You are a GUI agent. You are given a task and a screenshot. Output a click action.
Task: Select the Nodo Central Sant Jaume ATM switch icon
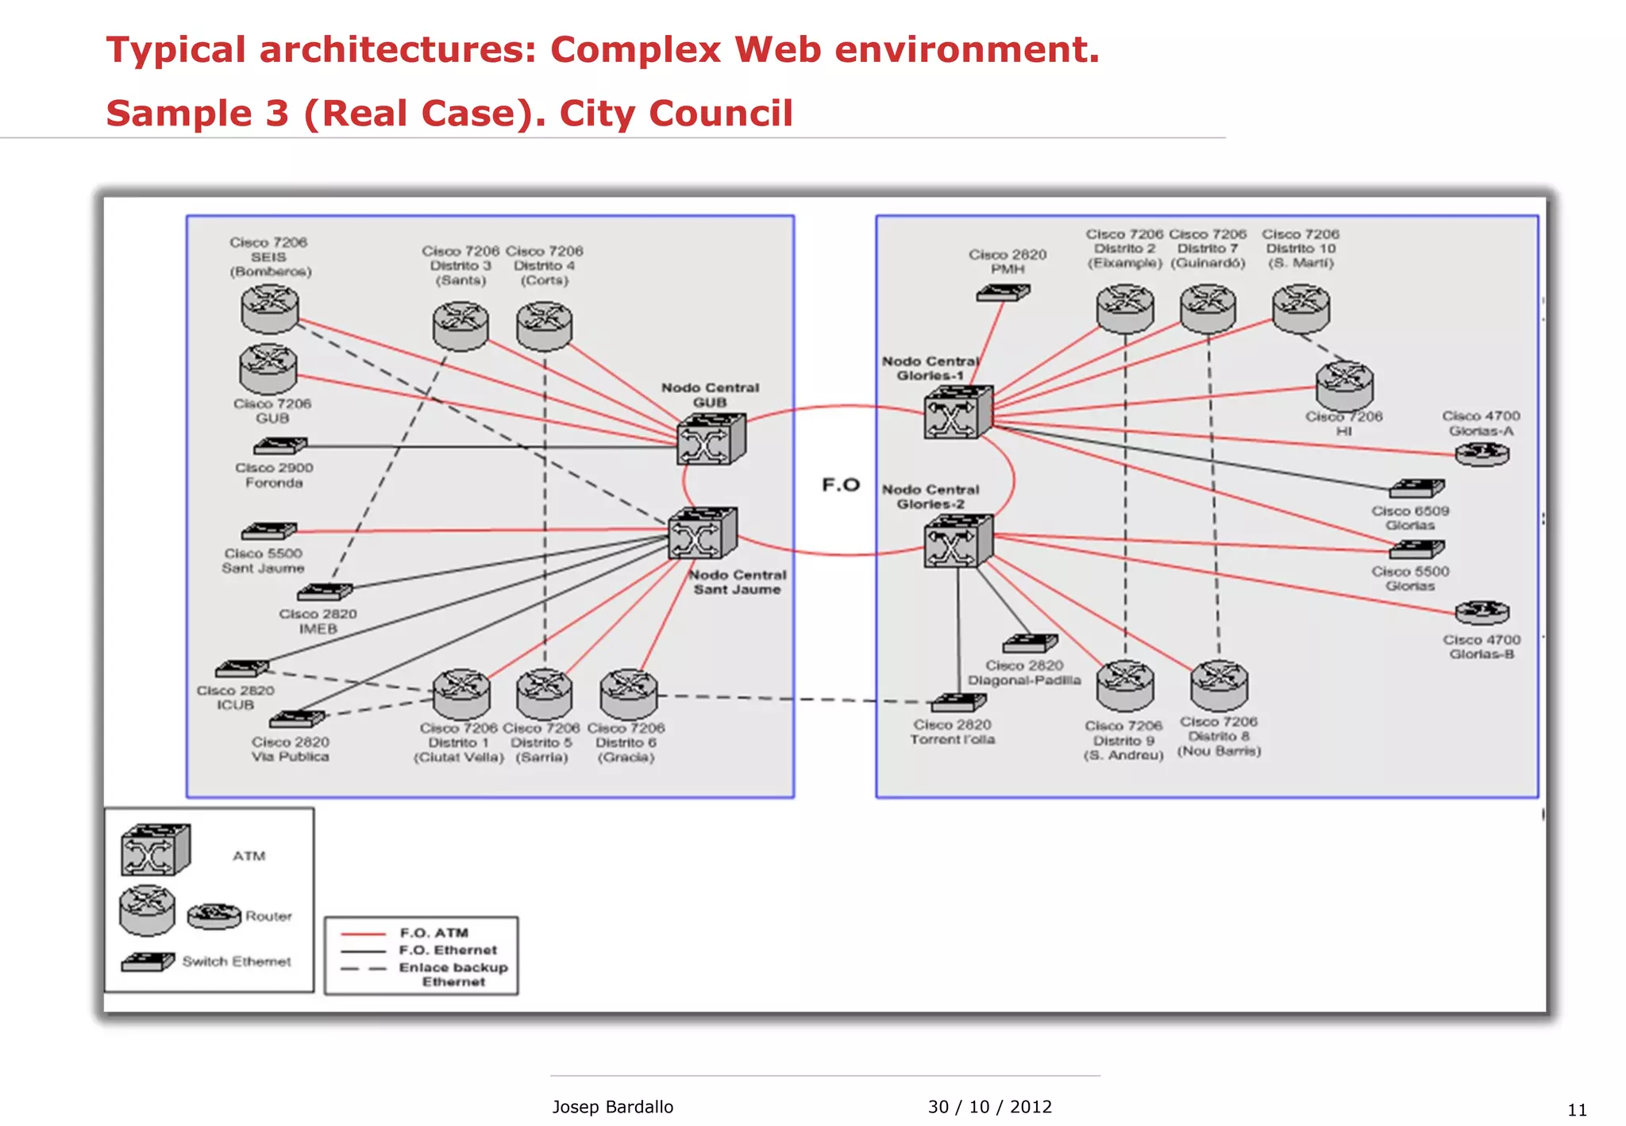pyautogui.click(x=702, y=534)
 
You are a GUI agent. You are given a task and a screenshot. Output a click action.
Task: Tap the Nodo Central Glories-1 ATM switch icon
pyautogui.click(x=957, y=412)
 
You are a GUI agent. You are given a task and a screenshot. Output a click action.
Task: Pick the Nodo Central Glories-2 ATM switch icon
pyautogui.click(x=957, y=541)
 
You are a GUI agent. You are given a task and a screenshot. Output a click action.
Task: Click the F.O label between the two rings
pyautogui.click(x=841, y=484)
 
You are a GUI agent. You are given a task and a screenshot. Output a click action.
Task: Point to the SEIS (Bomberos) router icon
pyautogui.click(x=270, y=309)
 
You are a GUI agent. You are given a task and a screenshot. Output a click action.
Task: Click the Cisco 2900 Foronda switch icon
pyautogui.click(x=280, y=446)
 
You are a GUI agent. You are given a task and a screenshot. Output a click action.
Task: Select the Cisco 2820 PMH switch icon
pyautogui.click(x=1003, y=293)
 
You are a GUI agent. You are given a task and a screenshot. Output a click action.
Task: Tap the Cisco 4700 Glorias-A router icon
pyautogui.click(x=1482, y=454)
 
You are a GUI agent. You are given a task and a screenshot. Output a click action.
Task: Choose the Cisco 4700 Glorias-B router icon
pyautogui.click(x=1482, y=612)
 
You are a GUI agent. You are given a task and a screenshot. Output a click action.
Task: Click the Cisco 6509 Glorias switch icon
pyautogui.click(x=1416, y=488)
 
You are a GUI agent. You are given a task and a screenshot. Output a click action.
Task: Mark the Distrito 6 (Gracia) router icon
pyautogui.click(x=628, y=693)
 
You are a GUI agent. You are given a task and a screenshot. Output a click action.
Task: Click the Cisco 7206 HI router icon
pyautogui.click(x=1344, y=385)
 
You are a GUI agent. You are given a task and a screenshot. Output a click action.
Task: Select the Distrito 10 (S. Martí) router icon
pyautogui.click(x=1300, y=309)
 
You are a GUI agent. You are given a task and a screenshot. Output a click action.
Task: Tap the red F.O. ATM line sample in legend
pyautogui.click(x=363, y=933)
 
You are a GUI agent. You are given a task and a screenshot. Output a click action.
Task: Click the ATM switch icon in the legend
pyautogui.click(x=155, y=850)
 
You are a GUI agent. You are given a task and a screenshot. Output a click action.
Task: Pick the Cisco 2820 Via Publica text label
pyautogui.click(x=290, y=749)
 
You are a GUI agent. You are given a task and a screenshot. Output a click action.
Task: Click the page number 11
pyautogui.click(x=1577, y=1110)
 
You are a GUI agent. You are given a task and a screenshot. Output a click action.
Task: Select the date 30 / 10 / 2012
pyautogui.click(x=989, y=1107)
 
